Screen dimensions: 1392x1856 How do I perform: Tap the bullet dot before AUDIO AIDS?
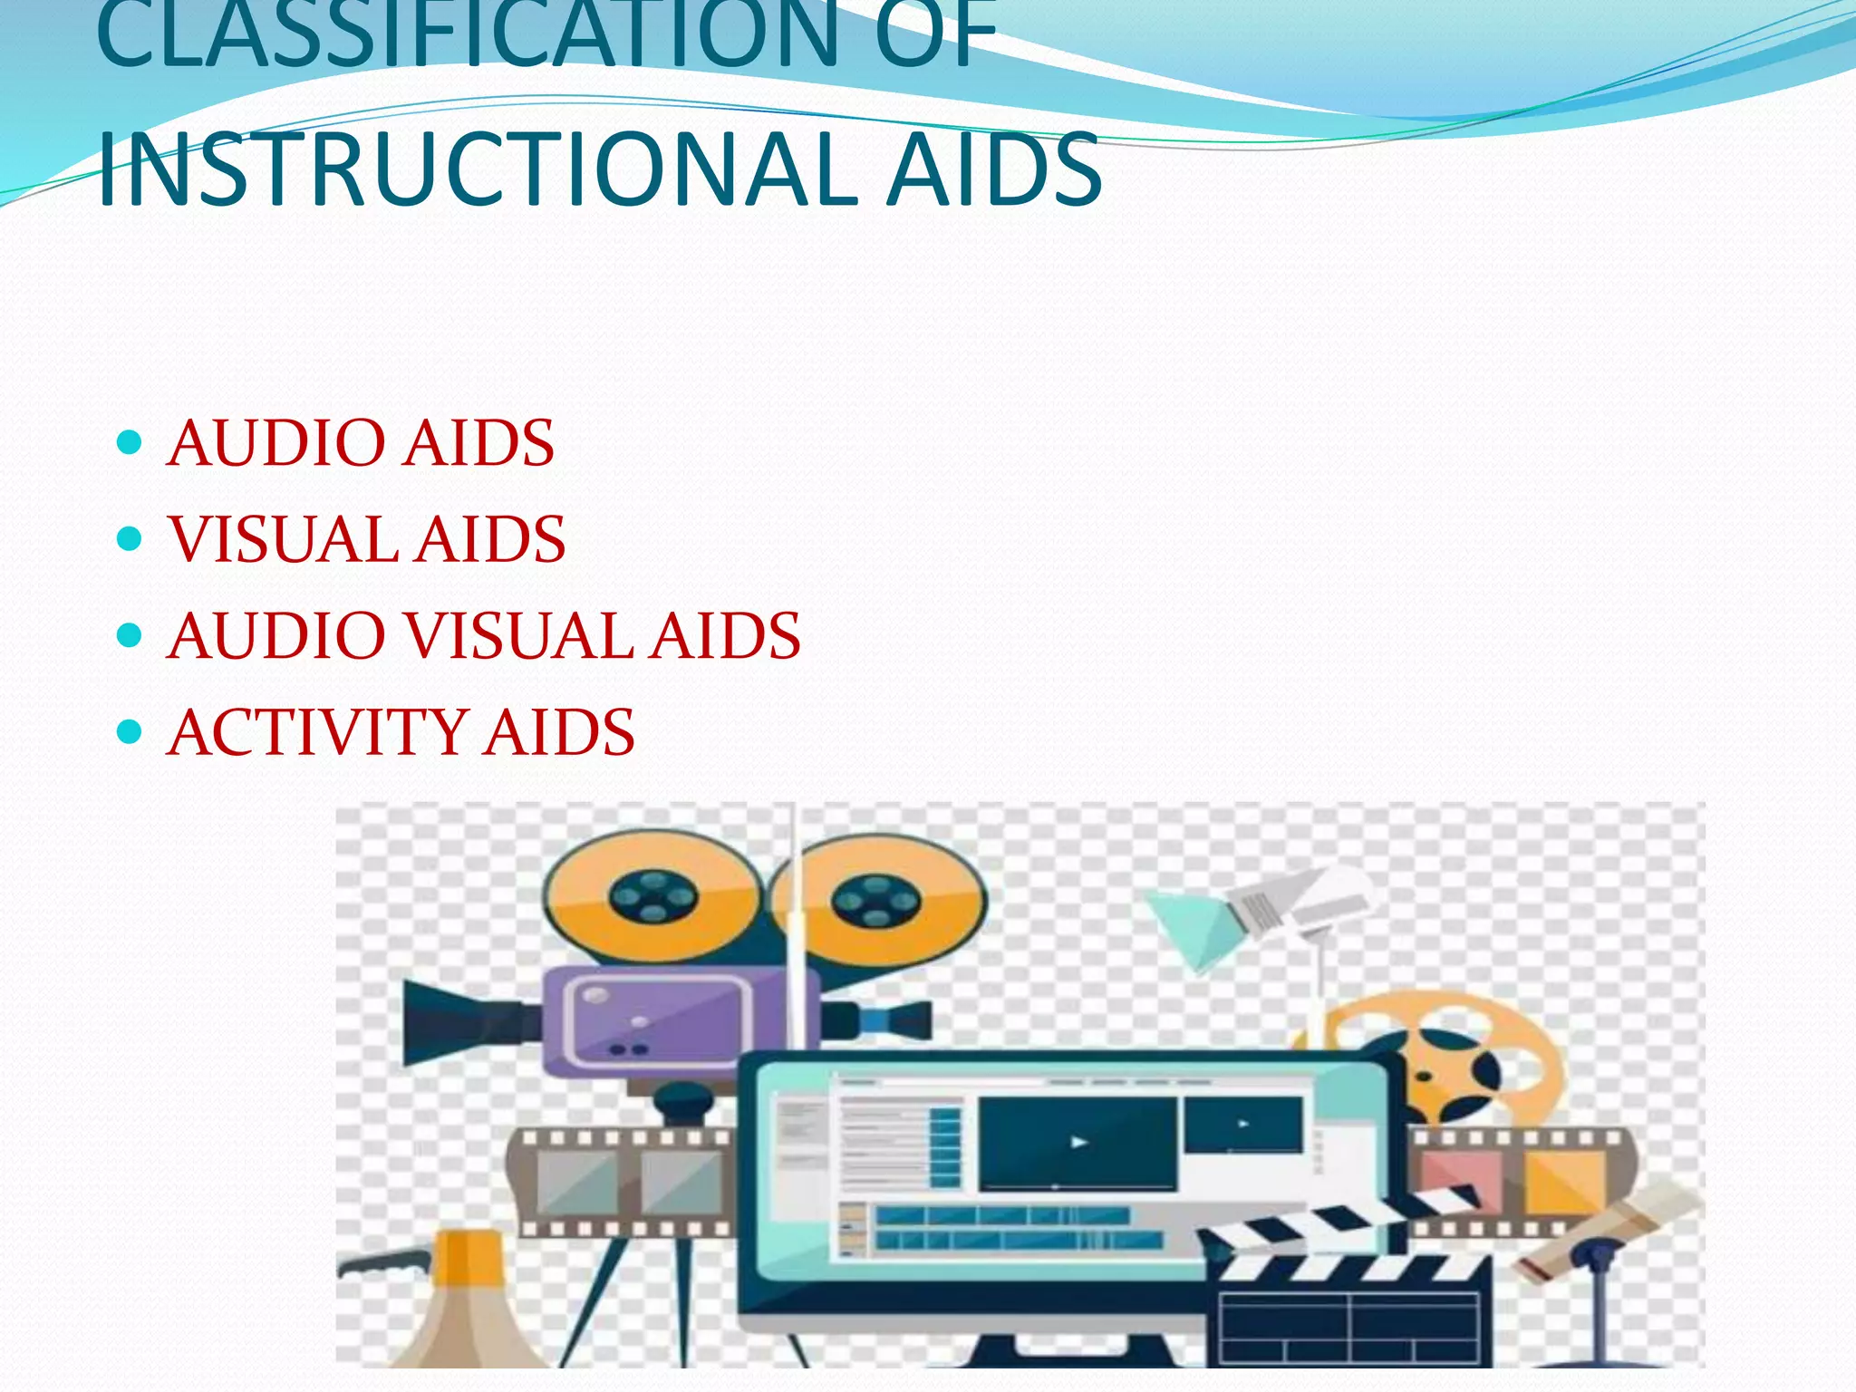130,442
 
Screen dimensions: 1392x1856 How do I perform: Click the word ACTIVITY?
317,732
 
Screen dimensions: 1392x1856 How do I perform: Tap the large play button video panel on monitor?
1078,1142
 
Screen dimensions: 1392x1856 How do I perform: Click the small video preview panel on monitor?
1243,1125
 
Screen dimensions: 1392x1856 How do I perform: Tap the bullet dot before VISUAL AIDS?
130,539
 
